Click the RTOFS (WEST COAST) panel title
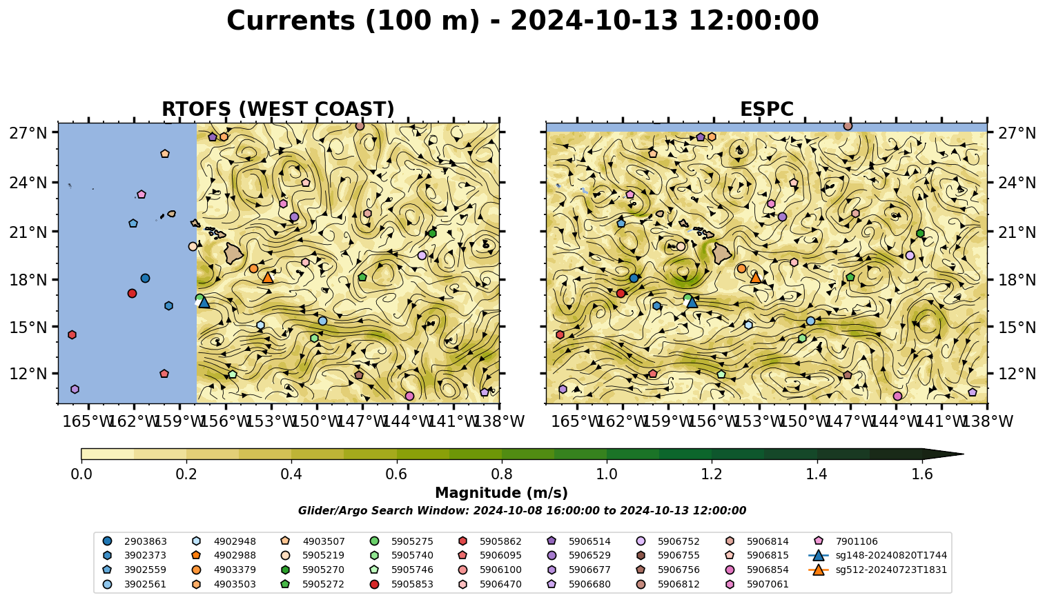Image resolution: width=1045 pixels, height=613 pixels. (x=278, y=109)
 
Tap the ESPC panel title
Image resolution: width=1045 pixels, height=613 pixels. (x=766, y=109)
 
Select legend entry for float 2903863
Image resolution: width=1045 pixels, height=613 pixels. (x=135, y=541)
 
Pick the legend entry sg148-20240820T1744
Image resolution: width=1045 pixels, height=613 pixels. (x=877, y=555)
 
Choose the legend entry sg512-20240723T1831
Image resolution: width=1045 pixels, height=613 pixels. (x=877, y=570)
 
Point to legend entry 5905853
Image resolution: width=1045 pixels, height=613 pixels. (x=402, y=584)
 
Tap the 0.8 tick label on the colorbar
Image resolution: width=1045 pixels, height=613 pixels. (x=502, y=474)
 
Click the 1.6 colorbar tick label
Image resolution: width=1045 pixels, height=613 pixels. (x=922, y=474)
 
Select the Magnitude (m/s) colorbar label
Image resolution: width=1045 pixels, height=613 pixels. (x=502, y=493)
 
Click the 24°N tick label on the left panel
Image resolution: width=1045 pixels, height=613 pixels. (x=28, y=182)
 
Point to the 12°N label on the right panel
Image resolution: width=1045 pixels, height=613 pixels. (x=1016, y=374)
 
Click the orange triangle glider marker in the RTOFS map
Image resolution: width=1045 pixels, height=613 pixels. (x=267, y=278)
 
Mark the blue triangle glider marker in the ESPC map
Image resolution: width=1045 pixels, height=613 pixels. (x=692, y=303)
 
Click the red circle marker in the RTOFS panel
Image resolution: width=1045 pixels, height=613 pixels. (x=132, y=293)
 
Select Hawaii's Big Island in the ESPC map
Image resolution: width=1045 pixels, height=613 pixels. (x=722, y=254)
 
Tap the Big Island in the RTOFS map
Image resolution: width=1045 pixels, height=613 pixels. (x=234, y=253)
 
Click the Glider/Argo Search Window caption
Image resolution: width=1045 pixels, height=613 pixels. (x=522, y=510)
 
